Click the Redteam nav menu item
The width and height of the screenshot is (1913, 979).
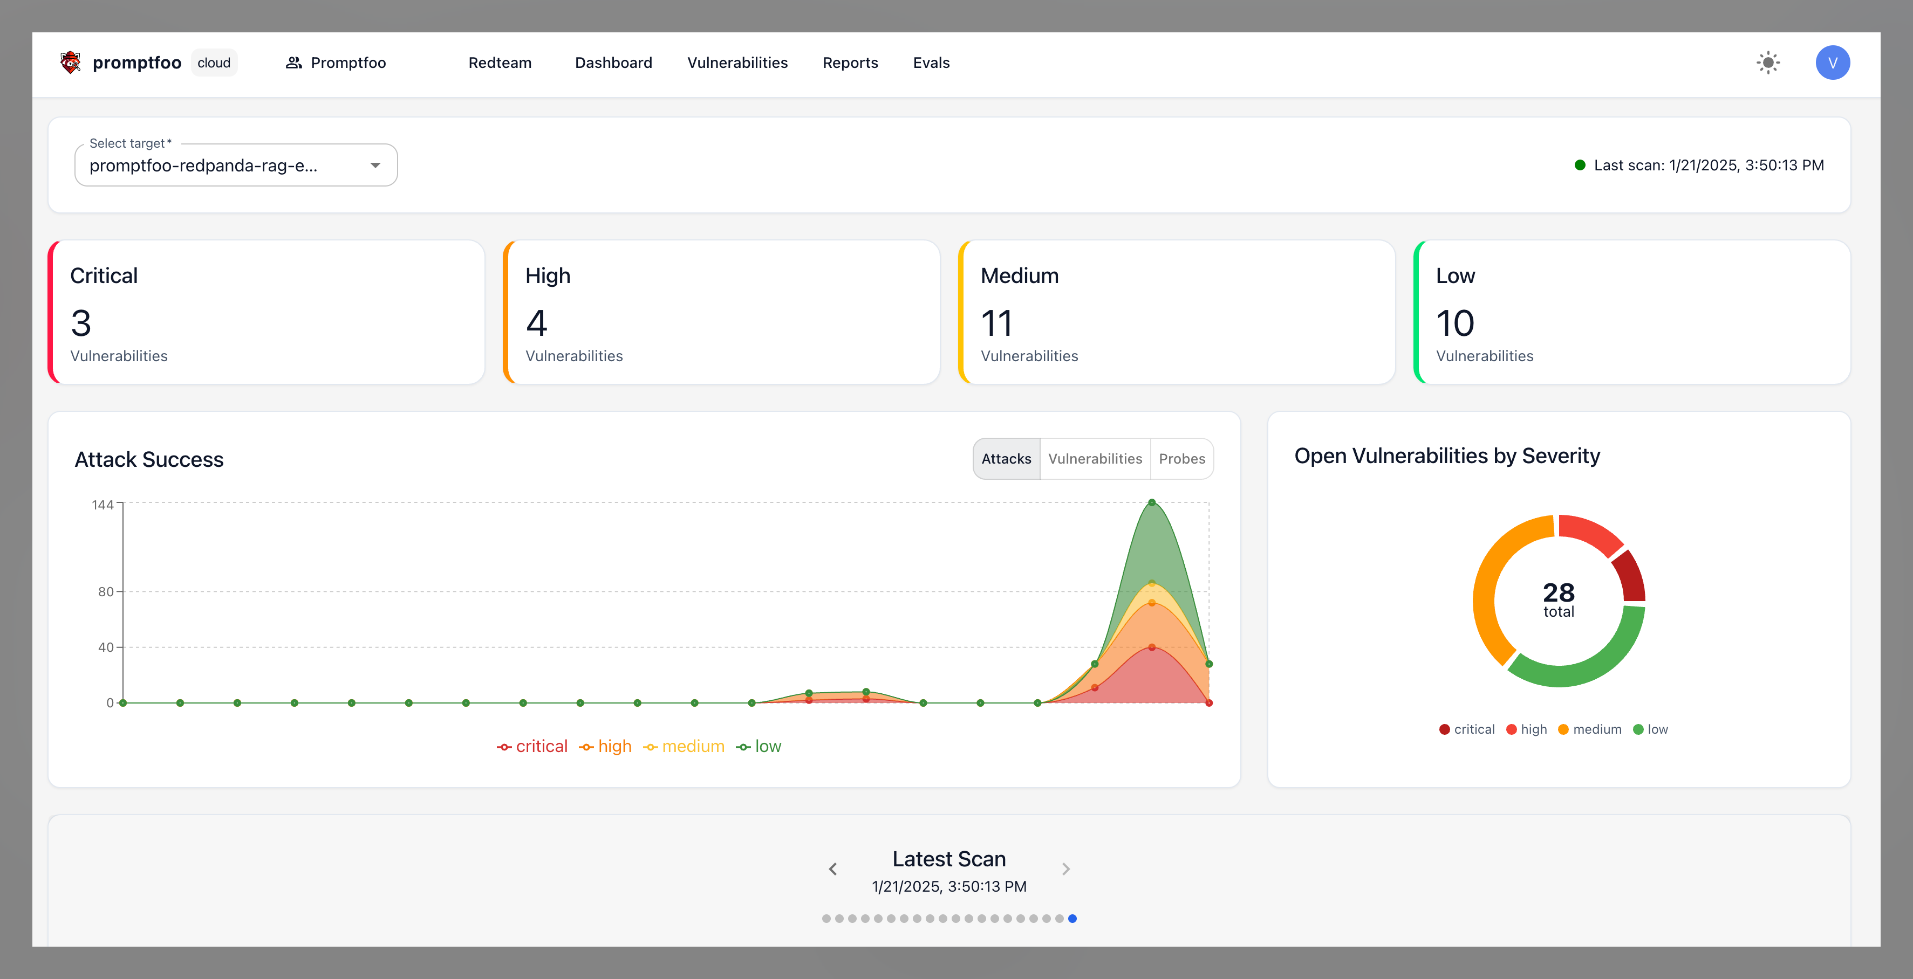[x=500, y=63]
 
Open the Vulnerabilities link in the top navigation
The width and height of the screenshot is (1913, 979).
[x=737, y=63]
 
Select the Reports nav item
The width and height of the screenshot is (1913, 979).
[x=850, y=63]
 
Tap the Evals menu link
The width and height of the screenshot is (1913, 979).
[x=931, y=63]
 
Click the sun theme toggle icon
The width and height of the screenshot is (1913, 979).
[x=1768, y=63]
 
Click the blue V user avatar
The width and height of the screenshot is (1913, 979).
[x=1832, y=63]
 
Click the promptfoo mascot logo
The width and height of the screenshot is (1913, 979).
[x=71, y=63]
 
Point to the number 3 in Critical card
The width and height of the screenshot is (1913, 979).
[x=81, y=323]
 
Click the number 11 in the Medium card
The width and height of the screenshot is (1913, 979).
[x=996, y=323]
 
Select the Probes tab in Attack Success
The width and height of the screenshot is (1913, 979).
[x=1181, y=459]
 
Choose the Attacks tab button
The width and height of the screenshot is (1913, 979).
[x=1006, y=459]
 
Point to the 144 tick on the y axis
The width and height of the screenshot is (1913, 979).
[x=103, y=505]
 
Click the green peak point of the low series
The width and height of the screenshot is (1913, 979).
[x=1152, y=503]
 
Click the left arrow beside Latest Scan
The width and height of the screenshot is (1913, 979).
[x=832, y=869]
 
